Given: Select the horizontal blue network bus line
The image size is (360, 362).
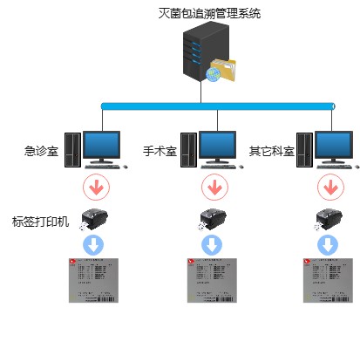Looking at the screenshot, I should [x=217, y=106].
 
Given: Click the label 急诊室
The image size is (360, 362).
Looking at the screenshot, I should [x=41, y=151].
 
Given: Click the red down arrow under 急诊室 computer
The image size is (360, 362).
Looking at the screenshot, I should [x=95, y=186].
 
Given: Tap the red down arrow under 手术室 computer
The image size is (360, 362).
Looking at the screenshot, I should [x=213, y=186].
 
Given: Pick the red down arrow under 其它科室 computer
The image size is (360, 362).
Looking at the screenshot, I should [x=329, y=186].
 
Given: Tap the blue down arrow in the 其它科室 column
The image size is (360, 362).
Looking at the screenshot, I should [x=329, y=243].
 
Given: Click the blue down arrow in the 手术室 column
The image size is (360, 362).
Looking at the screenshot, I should [x=212, y=243].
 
